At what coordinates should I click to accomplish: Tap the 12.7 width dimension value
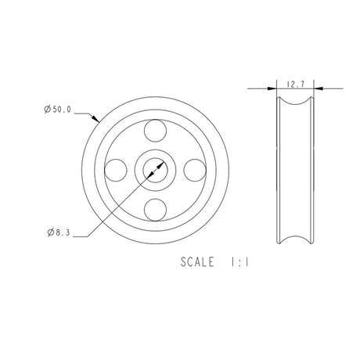coord(296,82)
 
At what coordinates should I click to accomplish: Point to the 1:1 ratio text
coord(240,263)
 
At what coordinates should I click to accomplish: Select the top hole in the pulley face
coord(155,130)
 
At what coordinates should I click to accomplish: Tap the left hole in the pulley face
coord(117,168)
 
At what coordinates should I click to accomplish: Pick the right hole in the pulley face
coord(194,168)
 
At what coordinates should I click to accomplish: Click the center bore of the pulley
coord(155,168)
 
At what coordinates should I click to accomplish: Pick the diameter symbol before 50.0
coord(49,111)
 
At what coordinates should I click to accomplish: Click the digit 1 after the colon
coord(247,263)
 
